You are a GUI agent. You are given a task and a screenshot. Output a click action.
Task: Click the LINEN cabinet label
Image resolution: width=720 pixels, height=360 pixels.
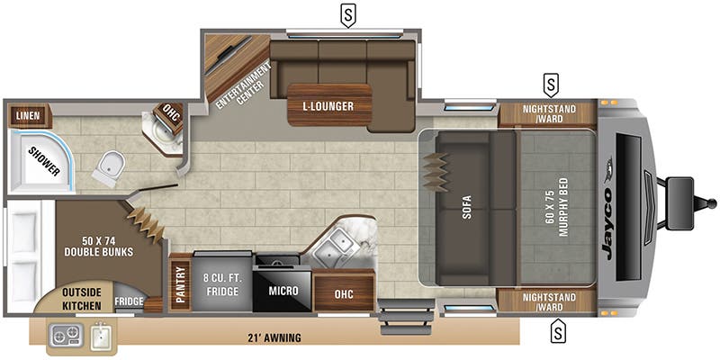coord(26,116)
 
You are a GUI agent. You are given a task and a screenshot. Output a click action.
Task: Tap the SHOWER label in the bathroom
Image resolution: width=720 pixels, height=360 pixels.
coord(43,158)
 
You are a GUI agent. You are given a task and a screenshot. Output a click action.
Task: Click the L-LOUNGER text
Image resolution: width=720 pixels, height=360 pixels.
coord(328,106)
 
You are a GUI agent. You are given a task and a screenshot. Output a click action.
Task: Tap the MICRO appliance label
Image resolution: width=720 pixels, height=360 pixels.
coord(282,292)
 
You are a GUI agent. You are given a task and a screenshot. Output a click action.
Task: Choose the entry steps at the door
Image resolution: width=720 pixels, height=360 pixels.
coord(398,317)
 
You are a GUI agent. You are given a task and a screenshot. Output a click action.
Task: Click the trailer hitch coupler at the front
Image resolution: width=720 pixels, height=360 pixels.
coord(679,193)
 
